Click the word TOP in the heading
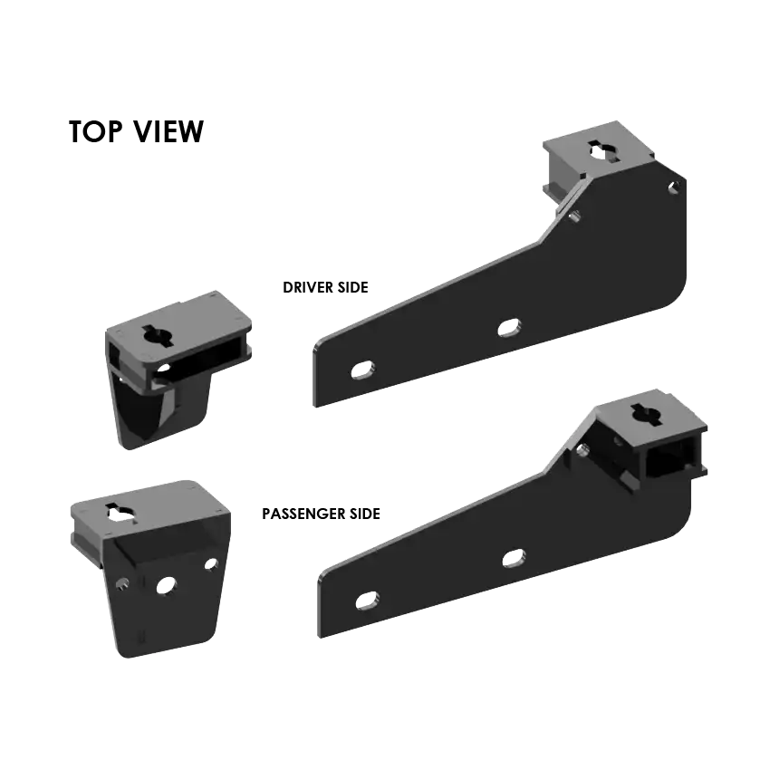tap(95, 131)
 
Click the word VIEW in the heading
tap(168, 131)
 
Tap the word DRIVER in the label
tap(308, 287)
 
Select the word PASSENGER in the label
tap(303, 514)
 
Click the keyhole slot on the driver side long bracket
tap(604, 151)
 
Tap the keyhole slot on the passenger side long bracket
tap(648, 414)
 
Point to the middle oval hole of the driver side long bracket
tap(509, 328)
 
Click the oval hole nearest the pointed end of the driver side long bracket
tap(362, 370)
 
